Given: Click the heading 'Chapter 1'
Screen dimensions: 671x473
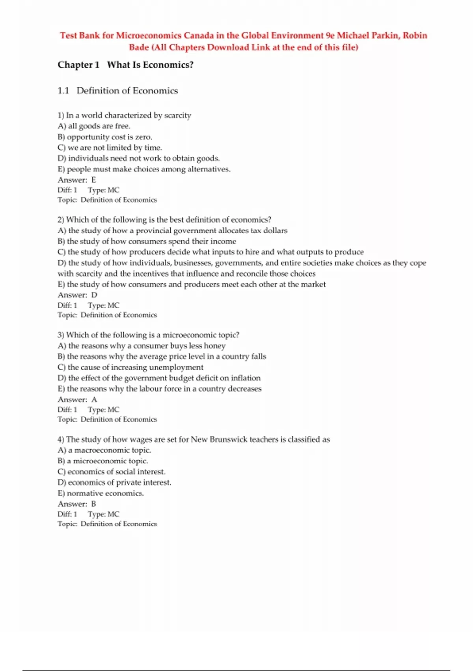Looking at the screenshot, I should click(78, 65).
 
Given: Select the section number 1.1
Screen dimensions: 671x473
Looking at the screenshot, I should click(63, 91).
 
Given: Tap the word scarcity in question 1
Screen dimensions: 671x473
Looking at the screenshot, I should click(177, 116).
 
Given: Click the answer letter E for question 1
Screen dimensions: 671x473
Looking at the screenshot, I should click(93, 180).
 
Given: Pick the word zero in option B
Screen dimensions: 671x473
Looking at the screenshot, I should click(143, 137).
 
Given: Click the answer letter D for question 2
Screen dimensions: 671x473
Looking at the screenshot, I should click(94, 295).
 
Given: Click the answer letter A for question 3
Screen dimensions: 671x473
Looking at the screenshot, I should click(94, 400).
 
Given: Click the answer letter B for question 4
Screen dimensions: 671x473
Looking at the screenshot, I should click(93, 504).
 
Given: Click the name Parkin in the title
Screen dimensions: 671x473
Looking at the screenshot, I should click(385, 36).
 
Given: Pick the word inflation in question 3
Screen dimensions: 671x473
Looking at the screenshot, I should click(246, 378).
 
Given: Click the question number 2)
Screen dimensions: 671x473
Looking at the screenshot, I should click(61, 220).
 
